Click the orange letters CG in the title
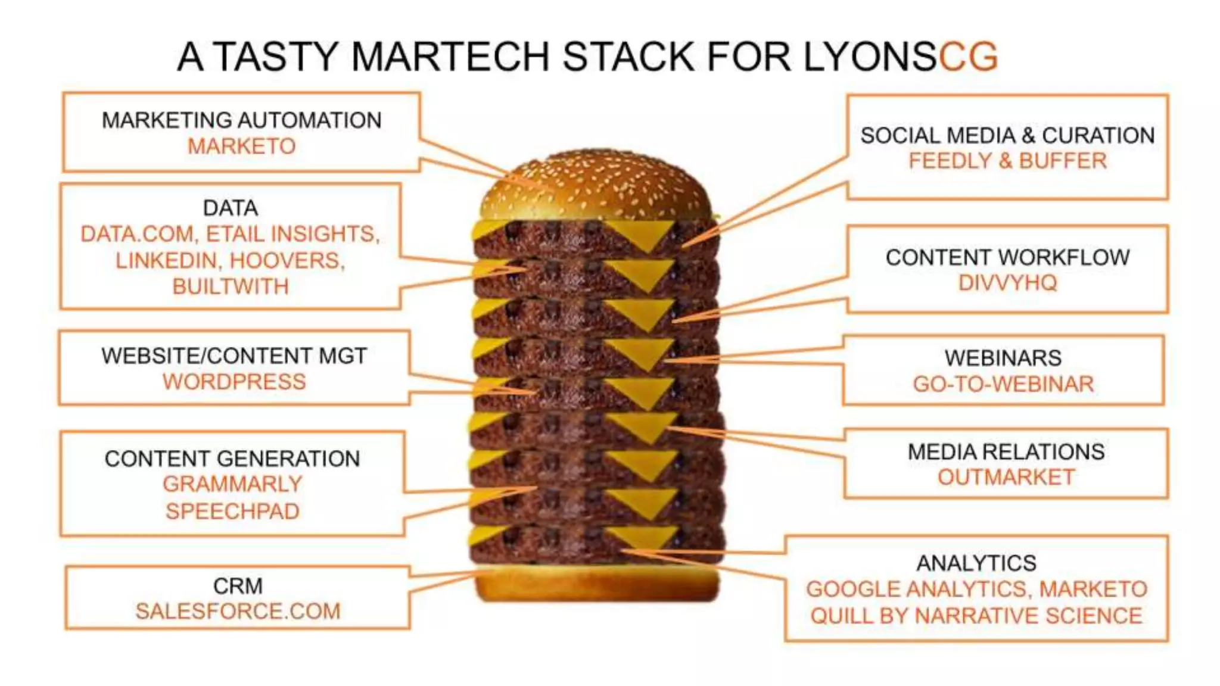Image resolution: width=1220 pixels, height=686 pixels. point(968,57)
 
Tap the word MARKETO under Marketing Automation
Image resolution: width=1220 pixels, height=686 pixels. point(241,146)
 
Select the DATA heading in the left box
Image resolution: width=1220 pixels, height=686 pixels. point(231,208)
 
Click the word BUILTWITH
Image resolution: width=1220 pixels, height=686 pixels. point(231,286)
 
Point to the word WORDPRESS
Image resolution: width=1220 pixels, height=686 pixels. point(234,382)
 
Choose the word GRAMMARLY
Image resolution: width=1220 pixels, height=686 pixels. point(232,484)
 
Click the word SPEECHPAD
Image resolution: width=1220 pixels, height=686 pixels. point(232,511)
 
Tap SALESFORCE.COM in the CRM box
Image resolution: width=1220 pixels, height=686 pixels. point(238,612)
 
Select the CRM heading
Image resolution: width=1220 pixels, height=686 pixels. point(238,586)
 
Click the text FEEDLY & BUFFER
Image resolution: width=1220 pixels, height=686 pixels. point(1007,161)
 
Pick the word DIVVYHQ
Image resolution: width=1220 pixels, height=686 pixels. point(1007,283)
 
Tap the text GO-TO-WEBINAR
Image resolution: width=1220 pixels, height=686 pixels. point(1003,384)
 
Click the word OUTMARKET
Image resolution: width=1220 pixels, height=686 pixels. point(1006,477)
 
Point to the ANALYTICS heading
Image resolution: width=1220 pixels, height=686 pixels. point(976,563)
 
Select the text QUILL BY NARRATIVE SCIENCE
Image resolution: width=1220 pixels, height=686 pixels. point(976,616)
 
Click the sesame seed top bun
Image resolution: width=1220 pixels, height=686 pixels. point(596,185)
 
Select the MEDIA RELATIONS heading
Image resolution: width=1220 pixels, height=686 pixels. point(1006,452)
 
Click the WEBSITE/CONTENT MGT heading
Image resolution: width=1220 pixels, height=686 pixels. point(234,356)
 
